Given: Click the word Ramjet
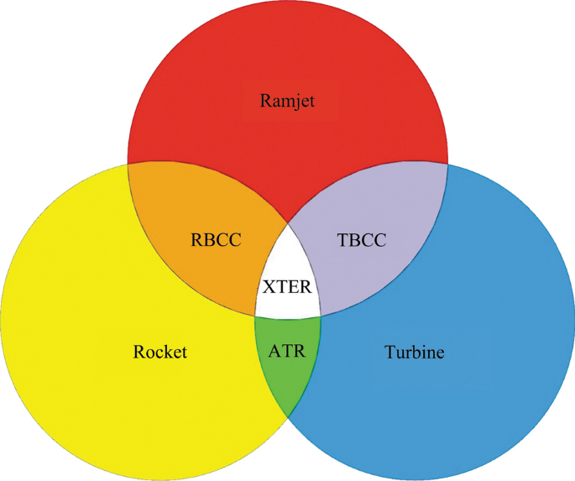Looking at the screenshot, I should [x=287, y=102].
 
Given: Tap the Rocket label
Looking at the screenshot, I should [x=159, y=352].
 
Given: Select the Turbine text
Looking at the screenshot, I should [x=414, y=352].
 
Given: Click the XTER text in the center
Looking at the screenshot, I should [x=287, y=286].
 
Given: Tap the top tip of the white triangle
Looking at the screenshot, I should [x=288, y=222].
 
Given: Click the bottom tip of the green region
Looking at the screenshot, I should [x=288, y=418].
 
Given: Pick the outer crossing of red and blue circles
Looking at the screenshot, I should [x=447, y=163].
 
